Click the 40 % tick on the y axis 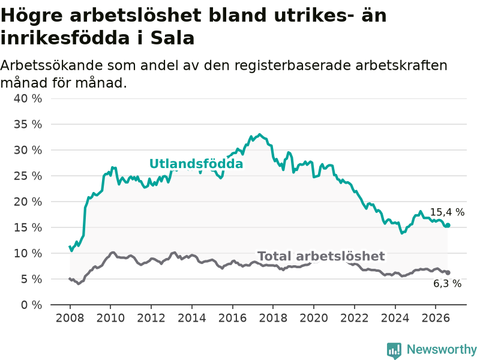[28, 98]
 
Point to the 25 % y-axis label [28, 176]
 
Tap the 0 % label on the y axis [32, 305]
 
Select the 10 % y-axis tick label [28, 253]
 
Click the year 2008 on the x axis [70, 318]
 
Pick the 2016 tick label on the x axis [232, 318]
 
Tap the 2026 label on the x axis [436, 318]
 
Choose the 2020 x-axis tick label [314, 318]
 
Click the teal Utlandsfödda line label [196, 164]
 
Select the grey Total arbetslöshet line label [321, 256]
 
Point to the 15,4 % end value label [447, 212]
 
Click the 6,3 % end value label [447, 283]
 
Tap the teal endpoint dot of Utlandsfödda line [448, 226]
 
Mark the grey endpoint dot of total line [448, 272]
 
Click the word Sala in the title [173, 38]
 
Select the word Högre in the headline [32, 16]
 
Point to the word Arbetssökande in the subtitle [49, 65]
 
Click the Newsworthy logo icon [394, 350]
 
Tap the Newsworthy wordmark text [442, 349]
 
